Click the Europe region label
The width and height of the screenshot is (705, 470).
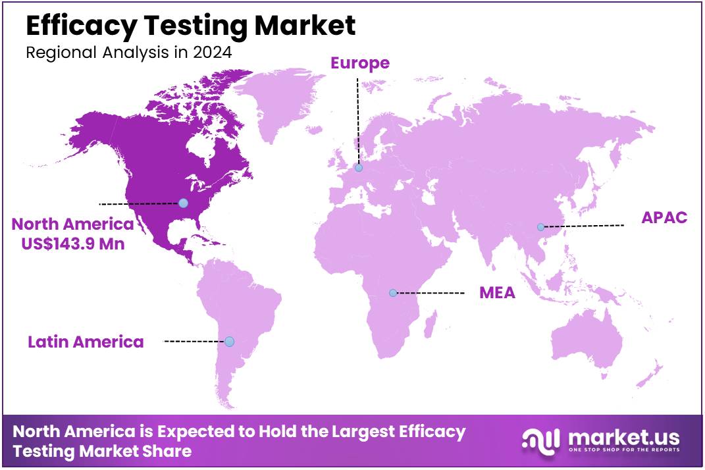point(360,63)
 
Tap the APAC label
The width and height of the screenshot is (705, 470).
point(664,218)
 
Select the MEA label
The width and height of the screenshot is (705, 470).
point(497,293)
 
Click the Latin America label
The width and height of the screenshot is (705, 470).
point(86,342)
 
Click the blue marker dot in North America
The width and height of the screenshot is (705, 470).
point(183,203)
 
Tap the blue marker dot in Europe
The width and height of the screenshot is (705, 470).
point(359,168)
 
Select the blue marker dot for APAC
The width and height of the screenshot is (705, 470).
point(540,227)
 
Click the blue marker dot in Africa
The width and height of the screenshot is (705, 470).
point(393,293)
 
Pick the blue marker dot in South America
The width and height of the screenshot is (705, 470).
point(229,342)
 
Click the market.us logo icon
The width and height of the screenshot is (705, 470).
point(541,439)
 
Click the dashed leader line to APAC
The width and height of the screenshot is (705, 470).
point(583,226)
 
